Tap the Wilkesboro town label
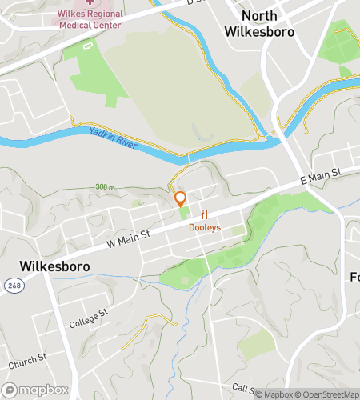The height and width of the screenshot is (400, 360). (54, 266)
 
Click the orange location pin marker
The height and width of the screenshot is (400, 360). (181, 198)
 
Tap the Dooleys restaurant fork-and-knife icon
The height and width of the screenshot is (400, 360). (205, 214)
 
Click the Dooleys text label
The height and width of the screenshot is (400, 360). (205, 228)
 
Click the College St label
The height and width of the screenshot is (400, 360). (87, 318)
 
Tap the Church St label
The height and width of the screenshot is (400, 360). (28, 360)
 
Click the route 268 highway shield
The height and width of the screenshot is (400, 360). (13, 285)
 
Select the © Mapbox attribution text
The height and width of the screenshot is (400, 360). (274, 393)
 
